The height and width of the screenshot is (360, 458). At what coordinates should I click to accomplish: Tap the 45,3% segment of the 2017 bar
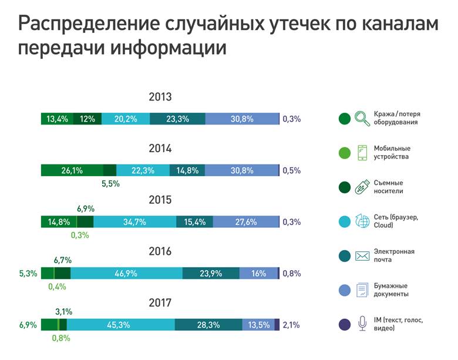tap(121, 325)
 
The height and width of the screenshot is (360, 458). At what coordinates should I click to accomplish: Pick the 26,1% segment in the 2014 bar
tap(72, 170)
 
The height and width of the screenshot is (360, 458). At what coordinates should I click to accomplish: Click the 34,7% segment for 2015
tap(134, 222)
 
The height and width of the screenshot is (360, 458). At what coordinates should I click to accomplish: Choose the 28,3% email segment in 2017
tap(208, 325)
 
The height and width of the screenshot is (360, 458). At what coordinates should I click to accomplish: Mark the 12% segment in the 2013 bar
tap(87, 119)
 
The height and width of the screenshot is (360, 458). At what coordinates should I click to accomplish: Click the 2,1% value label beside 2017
tap(291, 325)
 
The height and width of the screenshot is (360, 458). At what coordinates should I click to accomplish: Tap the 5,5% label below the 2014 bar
tap(110, 184)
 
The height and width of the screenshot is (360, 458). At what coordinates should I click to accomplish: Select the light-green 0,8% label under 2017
tap(61, 338)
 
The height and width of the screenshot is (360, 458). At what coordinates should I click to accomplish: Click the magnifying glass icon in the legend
tap(362, 118)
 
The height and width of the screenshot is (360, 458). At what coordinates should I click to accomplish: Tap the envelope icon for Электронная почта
tap(362, 255)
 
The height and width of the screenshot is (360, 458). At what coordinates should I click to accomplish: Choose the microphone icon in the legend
tap(362, 324)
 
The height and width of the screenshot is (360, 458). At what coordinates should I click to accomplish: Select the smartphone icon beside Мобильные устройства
tap(362, 153)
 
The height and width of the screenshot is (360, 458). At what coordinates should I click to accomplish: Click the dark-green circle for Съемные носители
tap(345, 187)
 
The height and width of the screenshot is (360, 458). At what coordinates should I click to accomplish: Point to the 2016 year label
tap(160, 251)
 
